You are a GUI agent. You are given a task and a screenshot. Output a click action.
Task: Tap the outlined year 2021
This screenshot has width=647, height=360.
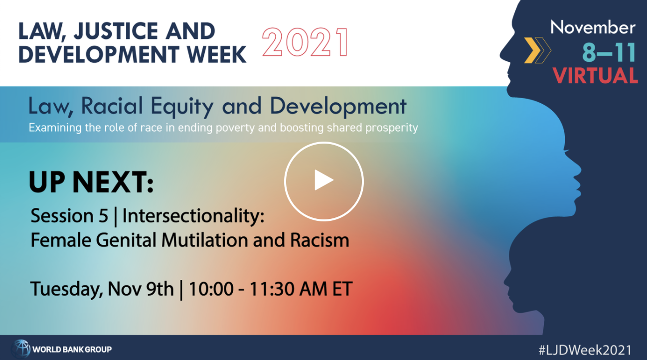pos(305,43)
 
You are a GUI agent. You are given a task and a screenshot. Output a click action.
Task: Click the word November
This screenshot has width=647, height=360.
pos(593,28)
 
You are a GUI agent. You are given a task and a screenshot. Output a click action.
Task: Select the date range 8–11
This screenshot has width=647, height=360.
pos(608,52)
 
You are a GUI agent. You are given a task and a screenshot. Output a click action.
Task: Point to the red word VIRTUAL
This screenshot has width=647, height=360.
pos(595,75)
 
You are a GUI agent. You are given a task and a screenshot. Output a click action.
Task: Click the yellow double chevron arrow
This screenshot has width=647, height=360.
pos(537,50)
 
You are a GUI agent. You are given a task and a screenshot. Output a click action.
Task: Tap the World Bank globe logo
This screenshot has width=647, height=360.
pos(21,349)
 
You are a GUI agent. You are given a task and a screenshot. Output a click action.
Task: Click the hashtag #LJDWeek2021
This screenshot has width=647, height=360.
pos(585,350)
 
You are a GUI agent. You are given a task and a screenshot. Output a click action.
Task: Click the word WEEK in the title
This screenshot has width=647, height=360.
pos(216,54)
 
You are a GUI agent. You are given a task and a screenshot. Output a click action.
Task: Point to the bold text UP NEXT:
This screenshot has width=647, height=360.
pos(91,181)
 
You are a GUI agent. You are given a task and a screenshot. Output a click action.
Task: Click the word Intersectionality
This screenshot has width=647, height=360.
pos(193,215)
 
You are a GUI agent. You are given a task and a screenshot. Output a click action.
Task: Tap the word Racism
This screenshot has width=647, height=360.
pos(320,240)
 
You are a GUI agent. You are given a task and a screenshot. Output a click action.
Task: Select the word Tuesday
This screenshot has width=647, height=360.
pos(66,289)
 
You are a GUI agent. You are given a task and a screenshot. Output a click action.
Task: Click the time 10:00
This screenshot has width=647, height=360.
pos(211,289)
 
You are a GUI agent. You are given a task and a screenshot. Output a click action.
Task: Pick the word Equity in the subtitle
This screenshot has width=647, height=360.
pos(182,106)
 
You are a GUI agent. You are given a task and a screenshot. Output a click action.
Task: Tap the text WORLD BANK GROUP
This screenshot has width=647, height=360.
pos(72,350)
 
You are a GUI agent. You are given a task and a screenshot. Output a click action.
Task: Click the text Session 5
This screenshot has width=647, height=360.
pos(69,215)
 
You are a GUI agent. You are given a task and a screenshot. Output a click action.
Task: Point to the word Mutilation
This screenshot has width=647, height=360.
pos(204,240)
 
